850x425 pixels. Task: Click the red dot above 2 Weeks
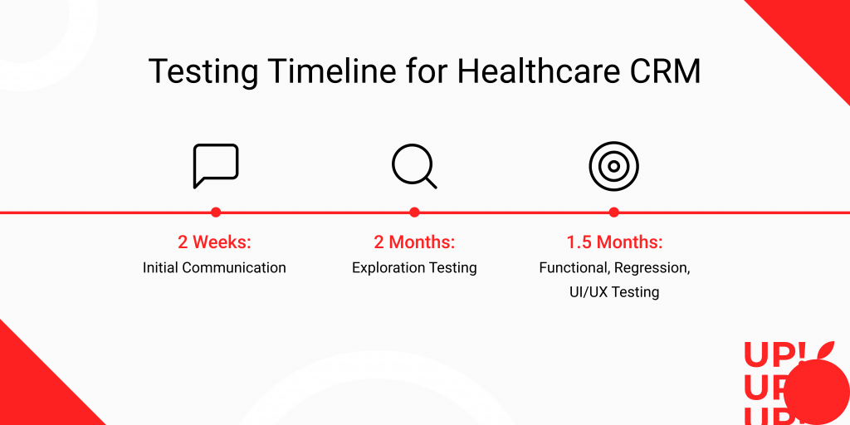216,212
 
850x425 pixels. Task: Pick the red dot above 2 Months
415,212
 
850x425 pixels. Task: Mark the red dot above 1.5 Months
613,212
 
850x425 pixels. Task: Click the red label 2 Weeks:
215,242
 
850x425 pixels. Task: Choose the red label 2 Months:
414,242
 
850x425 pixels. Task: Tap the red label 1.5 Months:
614,242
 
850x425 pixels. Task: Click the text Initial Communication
214,267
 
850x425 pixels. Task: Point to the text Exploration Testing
414,268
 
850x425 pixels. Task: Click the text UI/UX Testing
614,292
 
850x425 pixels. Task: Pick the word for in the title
427,71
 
